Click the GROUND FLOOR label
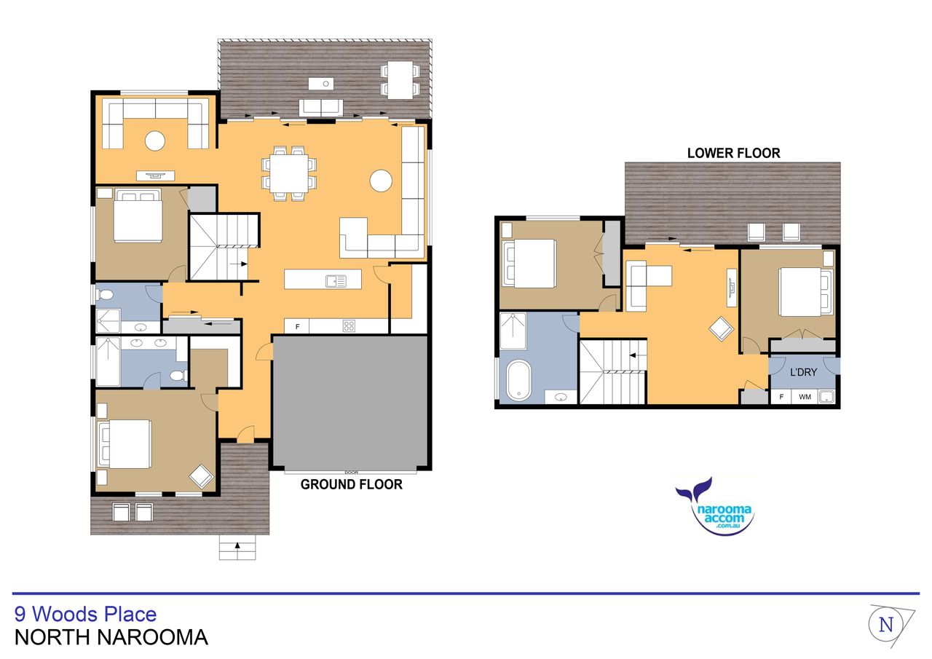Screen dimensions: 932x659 (x=351, y=485)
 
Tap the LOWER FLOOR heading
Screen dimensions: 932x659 (x=733, y=153)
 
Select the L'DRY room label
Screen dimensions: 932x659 (x=803, y=372)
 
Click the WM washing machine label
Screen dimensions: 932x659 (x=805, y=397)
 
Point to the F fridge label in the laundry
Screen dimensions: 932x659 (x=781, y=397)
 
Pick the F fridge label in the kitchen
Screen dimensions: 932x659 (x=298, y=327)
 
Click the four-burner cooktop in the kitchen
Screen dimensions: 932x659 (x=349, y=325)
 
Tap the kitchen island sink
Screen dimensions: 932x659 (x=336, y=281)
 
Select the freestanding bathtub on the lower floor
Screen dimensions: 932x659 (x=518, y=381)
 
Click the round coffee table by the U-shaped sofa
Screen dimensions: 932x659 (x=155, y=141)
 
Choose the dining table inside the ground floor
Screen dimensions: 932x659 (x=289, y=173)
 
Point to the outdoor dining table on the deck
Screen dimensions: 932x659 (x=400, y=80)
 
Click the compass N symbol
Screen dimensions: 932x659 (x=886, y=625)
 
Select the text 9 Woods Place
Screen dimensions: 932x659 (x=85, y=614)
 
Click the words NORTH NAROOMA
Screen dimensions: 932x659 (x=111, y=637)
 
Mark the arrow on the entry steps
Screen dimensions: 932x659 (x=237, y=547)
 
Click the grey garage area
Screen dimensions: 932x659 (x=351, y=401)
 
